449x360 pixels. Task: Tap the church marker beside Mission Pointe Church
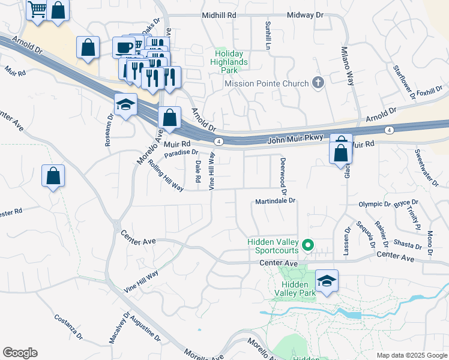[318, 83]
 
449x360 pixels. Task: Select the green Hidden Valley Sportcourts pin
[308, 244]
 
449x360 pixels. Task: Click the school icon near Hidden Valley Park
[327, 281]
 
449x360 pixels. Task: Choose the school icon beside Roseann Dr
[125, 105]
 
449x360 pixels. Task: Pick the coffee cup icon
[124, 47]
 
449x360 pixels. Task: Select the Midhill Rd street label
[219, 14]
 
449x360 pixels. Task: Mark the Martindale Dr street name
[276, 201]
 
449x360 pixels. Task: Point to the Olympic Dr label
[375, 204]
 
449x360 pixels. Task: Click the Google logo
[20, 353]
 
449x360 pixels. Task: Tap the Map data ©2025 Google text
[411, 355]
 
